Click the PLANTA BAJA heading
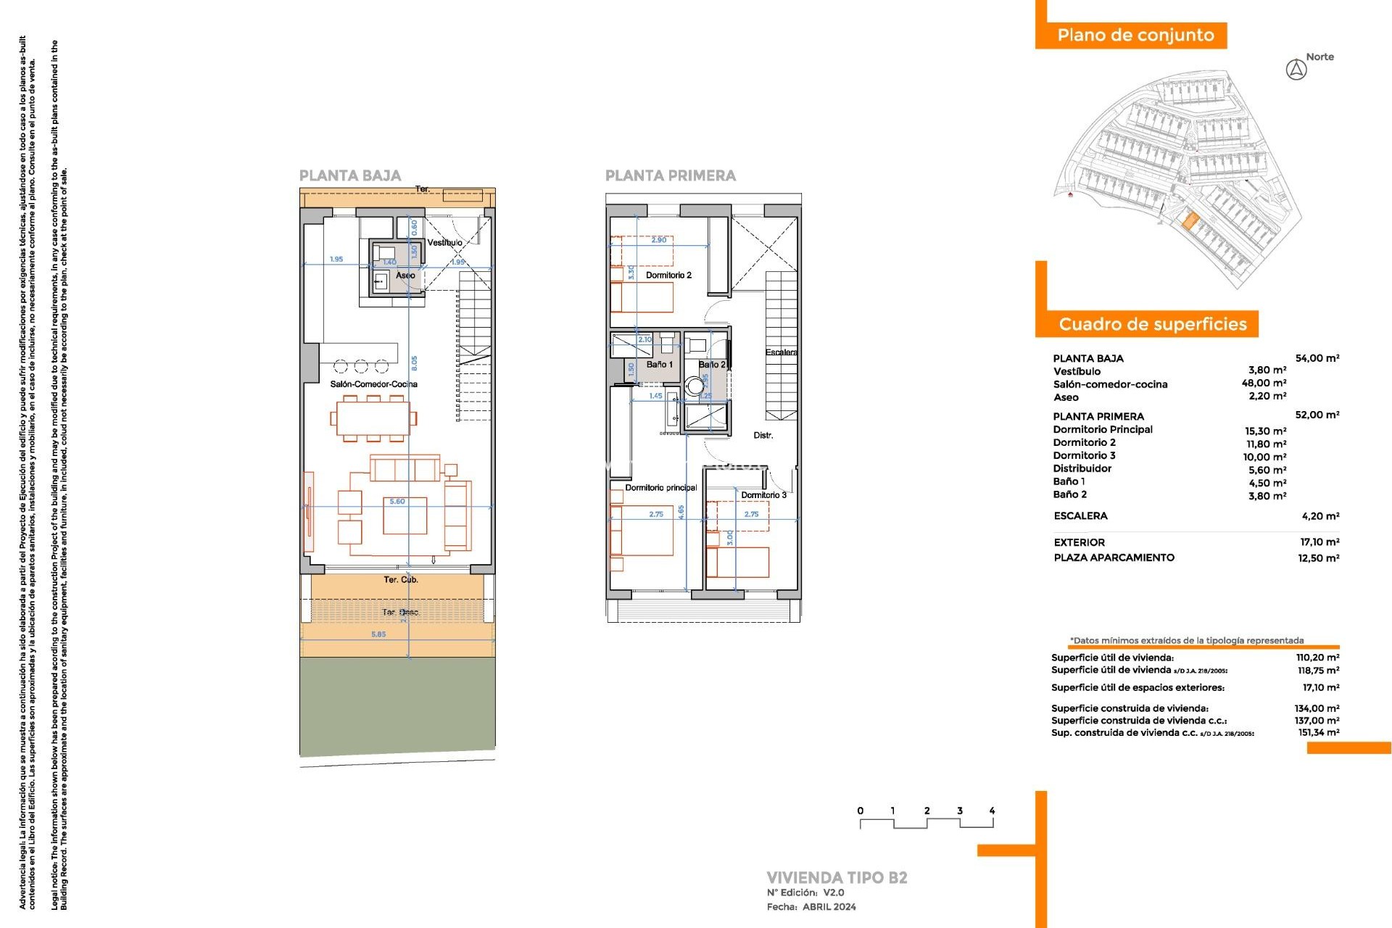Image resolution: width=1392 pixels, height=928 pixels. [350, 175]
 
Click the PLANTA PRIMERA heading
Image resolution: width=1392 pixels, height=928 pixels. [670, 175]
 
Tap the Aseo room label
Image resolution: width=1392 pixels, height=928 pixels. [405, 275]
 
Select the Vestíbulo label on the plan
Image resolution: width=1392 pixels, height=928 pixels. [444, 243]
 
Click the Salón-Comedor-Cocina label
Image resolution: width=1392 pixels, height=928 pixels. [373, 384]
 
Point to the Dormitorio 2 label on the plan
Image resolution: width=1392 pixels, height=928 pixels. [668, 275]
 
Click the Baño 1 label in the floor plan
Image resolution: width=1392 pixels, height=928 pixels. [660, 365]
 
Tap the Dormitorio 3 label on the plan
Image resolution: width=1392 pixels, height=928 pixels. [763, 495]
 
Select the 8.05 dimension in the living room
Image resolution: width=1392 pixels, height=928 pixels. [414, 362]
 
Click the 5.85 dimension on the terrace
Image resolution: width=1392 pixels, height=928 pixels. [378, 634]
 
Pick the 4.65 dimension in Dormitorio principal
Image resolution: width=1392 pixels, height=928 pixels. [681, 512]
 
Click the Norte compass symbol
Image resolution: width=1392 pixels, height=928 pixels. [1296, 70]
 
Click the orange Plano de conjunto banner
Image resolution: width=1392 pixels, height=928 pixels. [1135, 36]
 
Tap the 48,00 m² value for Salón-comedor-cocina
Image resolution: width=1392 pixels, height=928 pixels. [1264, 384]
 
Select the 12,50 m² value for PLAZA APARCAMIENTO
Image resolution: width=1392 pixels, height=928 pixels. [1318, 558]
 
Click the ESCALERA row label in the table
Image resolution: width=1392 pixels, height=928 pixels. [1080, 516]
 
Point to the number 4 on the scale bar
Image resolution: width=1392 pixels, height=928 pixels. [992, 811]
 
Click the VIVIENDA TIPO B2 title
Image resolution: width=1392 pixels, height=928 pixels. [837, 878]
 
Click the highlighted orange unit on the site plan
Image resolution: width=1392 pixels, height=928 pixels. [1189, 220]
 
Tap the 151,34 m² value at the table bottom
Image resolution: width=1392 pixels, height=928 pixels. [1318, 733]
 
